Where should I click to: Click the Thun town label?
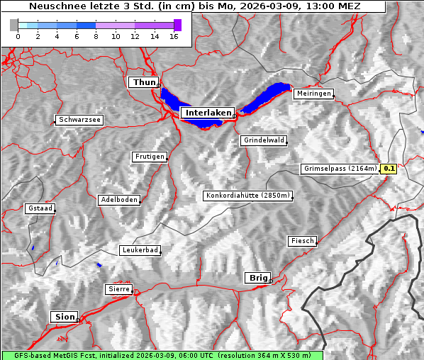tap(143, 83)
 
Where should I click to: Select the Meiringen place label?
tap(313, 94)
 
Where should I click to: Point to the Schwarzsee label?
tap(79, 120)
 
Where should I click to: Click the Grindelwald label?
tap(264, 140)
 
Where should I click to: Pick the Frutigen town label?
tap(149, 157)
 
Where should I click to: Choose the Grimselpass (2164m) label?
tap(340, 169)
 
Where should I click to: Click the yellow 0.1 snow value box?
tap(389, 169)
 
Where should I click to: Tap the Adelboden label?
tap(118, 200)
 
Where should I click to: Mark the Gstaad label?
tap(40, 209)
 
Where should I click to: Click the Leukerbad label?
tap(140, 250)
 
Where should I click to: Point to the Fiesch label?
tap(302, 241)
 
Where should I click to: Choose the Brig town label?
tap(257, 278)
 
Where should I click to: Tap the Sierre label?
tap(118, 289)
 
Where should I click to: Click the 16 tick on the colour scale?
tap(174, 35)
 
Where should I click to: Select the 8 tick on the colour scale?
tap(96, 35)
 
